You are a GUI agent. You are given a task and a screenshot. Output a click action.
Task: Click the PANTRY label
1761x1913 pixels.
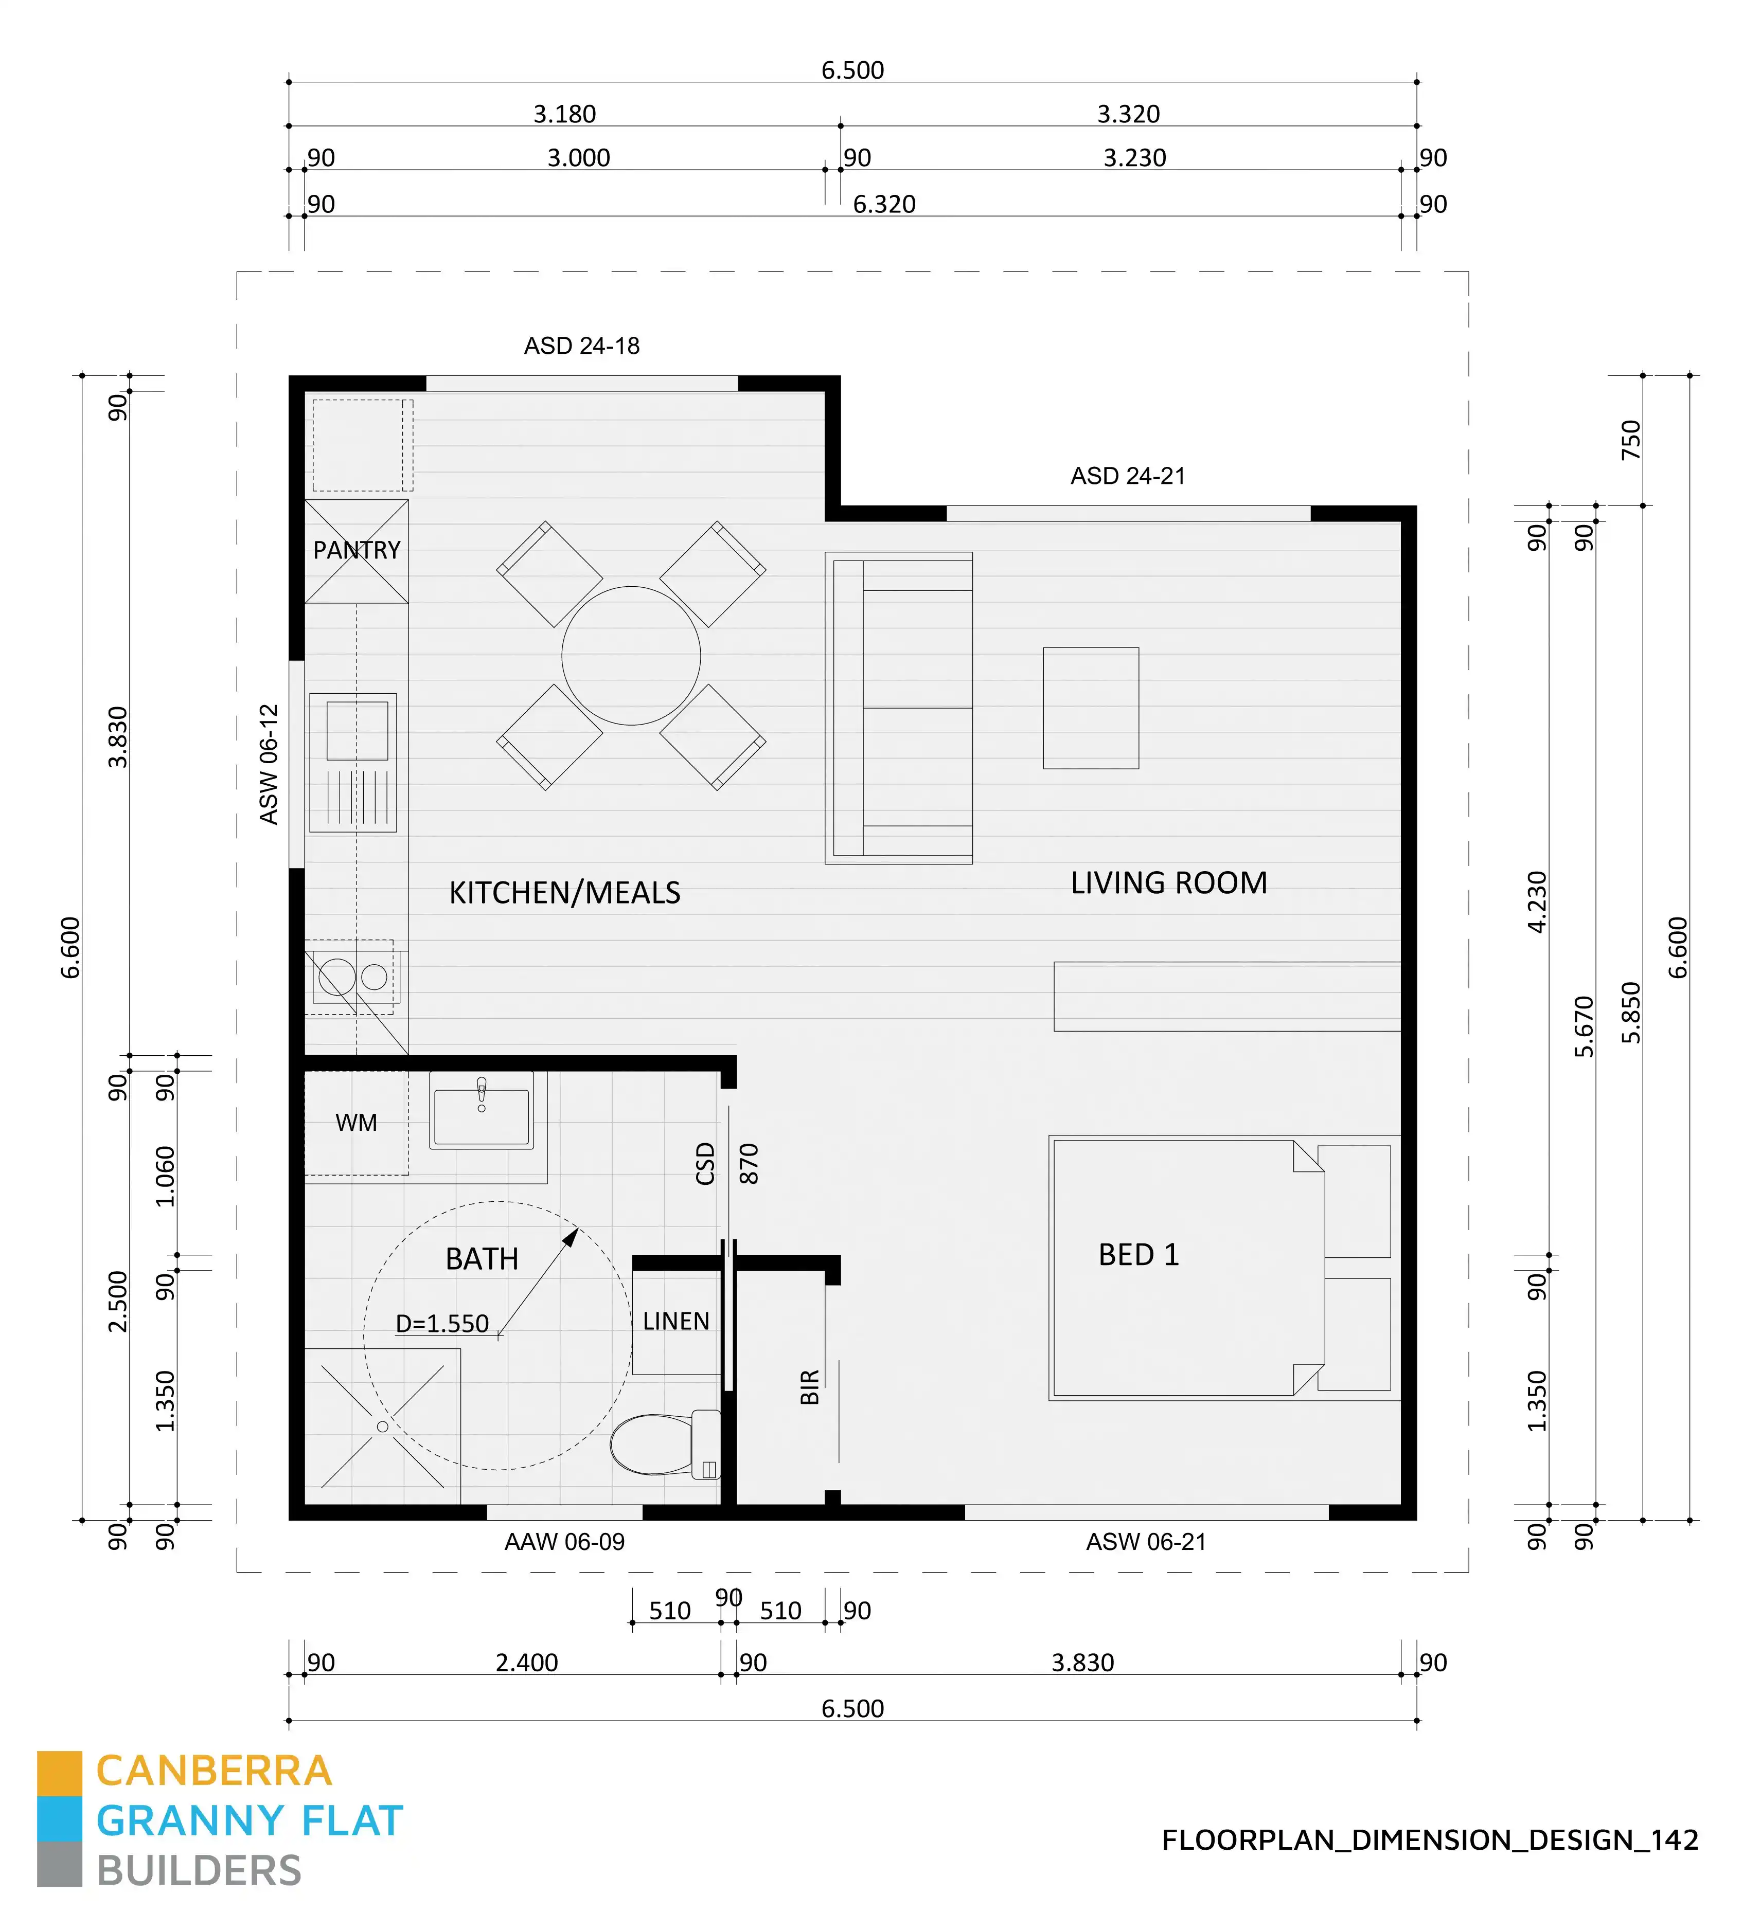(357, 551)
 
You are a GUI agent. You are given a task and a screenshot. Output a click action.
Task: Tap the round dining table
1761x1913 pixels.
(631, 656)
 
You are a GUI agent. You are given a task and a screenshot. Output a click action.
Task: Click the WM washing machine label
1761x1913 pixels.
(357, 1123)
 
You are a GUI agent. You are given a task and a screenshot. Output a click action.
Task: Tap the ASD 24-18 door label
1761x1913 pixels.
(581, 346)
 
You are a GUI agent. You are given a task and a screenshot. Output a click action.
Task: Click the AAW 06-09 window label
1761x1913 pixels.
(564, 1541)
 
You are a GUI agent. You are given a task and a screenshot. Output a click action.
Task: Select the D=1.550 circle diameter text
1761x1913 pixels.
(442, 1323)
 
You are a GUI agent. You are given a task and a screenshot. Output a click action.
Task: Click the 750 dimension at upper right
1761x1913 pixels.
(1631, 440)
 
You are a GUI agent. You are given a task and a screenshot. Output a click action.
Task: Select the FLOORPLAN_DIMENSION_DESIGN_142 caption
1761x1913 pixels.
(1429, 1839)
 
